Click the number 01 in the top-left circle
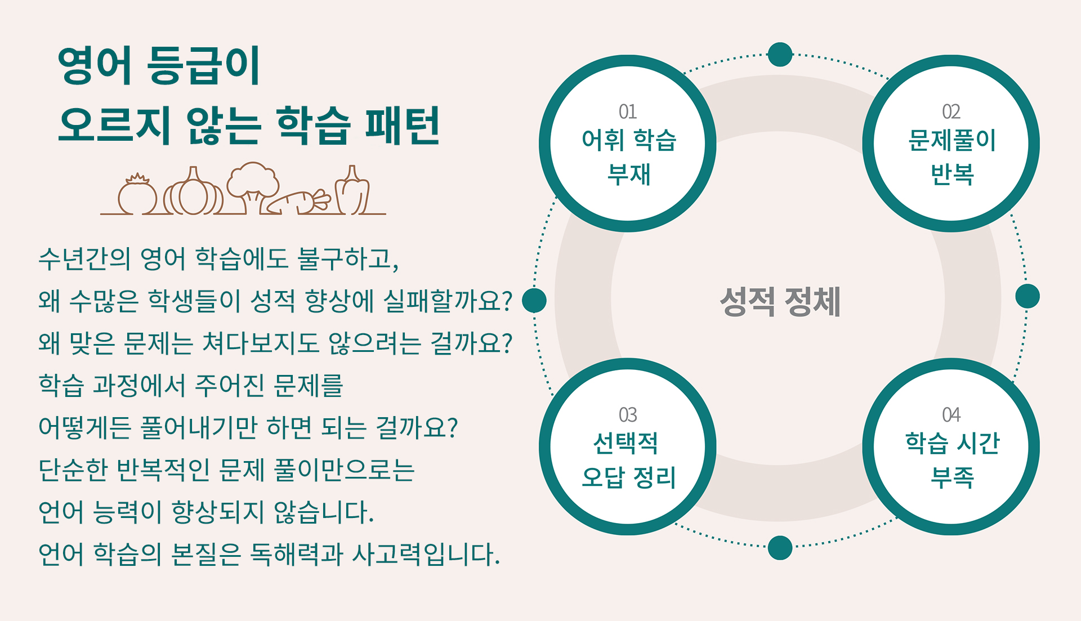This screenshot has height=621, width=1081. coord(627,111)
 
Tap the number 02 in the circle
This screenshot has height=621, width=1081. coord(951,111)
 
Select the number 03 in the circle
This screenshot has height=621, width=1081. coord(627,415)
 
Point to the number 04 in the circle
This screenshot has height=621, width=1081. coord(951,415)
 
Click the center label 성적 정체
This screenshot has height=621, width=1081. coord(780,302)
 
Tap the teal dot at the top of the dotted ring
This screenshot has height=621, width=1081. coord(780,55)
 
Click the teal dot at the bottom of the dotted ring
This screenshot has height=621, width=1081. coord(780,548)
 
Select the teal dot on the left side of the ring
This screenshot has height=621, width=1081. coord(534,300)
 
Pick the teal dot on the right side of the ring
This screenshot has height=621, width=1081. coord(1028,296)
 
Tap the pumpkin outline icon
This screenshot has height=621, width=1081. coord(193,191)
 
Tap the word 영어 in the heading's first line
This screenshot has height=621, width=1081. coord(95,65)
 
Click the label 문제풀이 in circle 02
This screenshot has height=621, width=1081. coord(952,140)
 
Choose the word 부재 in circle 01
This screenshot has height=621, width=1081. coord(628,174)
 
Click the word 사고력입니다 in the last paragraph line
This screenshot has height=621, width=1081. coord(426,554)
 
